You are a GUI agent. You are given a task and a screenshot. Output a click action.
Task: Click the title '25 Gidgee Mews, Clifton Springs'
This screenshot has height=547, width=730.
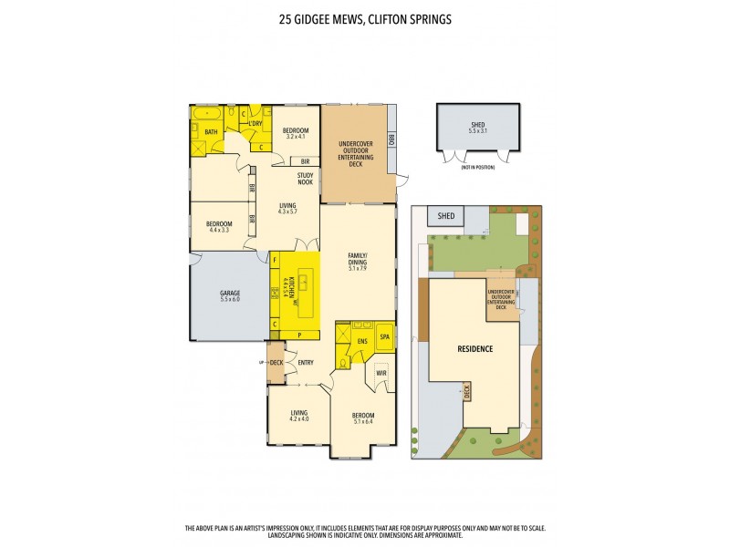point(365,16)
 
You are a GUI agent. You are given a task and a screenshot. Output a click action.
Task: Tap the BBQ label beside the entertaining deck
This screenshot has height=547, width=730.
point(391,140)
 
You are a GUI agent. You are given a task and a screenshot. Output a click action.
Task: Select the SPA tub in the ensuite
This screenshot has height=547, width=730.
point(384,337)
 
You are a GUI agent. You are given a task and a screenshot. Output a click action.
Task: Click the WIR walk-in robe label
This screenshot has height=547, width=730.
point(381,373)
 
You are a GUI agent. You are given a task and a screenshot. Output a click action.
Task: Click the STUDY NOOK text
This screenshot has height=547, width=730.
point(305,179)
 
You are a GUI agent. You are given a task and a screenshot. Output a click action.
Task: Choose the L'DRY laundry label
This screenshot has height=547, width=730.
point(255,123)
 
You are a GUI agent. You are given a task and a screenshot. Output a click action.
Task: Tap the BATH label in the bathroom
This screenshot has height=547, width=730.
point(211,133)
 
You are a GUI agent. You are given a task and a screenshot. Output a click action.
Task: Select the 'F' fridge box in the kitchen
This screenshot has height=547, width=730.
point(275,260)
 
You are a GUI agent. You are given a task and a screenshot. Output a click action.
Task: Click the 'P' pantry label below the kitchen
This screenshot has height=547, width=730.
point(299,335)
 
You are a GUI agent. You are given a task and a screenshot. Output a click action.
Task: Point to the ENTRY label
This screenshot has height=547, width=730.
point(306,363)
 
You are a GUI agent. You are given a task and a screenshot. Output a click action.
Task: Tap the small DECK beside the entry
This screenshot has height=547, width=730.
point(276,363)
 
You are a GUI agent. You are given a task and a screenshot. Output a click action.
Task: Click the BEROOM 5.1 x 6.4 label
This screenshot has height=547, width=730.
point(363,418)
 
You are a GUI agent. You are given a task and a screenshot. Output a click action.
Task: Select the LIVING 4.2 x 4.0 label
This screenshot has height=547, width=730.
point(299,416)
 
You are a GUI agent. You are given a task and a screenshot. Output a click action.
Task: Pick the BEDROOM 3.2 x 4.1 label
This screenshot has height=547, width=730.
point(295,133)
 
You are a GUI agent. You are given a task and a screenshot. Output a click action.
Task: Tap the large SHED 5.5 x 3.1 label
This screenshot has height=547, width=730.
point(477,128)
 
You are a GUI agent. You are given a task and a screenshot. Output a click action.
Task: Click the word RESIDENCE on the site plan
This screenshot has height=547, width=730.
point(474,348)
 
